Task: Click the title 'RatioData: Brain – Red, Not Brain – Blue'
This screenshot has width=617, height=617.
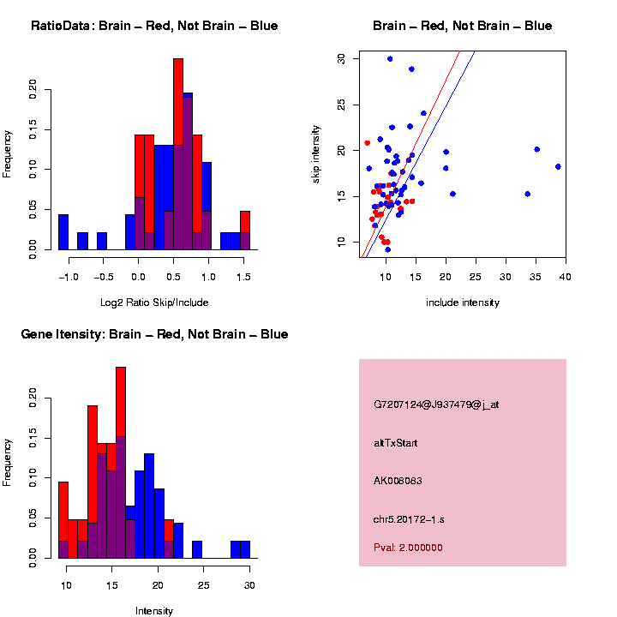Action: coord(154,26)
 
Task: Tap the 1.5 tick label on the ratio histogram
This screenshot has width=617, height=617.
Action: coord(244,277)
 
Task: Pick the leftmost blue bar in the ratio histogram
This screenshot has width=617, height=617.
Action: coord(63,231)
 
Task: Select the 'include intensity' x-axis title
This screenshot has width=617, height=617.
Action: coord(463,303)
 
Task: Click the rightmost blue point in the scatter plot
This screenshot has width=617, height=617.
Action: coord(558,166)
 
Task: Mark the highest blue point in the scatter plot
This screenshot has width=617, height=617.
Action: coord(390,59)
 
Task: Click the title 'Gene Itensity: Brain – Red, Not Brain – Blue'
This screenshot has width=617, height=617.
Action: coord(154,334)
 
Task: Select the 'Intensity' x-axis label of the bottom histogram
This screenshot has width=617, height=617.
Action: coord(154,611)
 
